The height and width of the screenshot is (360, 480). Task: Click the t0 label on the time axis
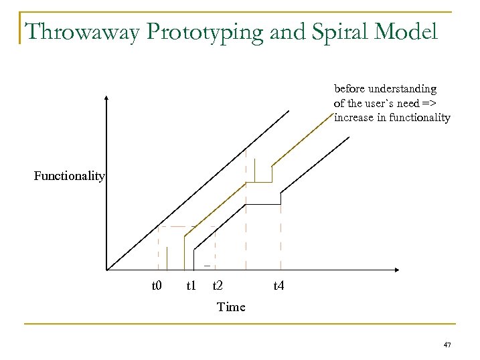pos(157,286)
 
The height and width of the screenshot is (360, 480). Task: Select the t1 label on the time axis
pos(191,286)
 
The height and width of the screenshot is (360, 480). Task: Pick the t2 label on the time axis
pos(218,286)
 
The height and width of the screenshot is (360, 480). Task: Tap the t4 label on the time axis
pos(278,286)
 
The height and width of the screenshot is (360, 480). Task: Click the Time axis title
pos(231,306)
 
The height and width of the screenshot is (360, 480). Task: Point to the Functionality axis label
pos(70,176)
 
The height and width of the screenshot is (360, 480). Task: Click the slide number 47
pos(447,345)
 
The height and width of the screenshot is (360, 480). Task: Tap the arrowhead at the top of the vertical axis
pos(106,99)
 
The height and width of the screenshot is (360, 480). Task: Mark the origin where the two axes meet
pos(107,270)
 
